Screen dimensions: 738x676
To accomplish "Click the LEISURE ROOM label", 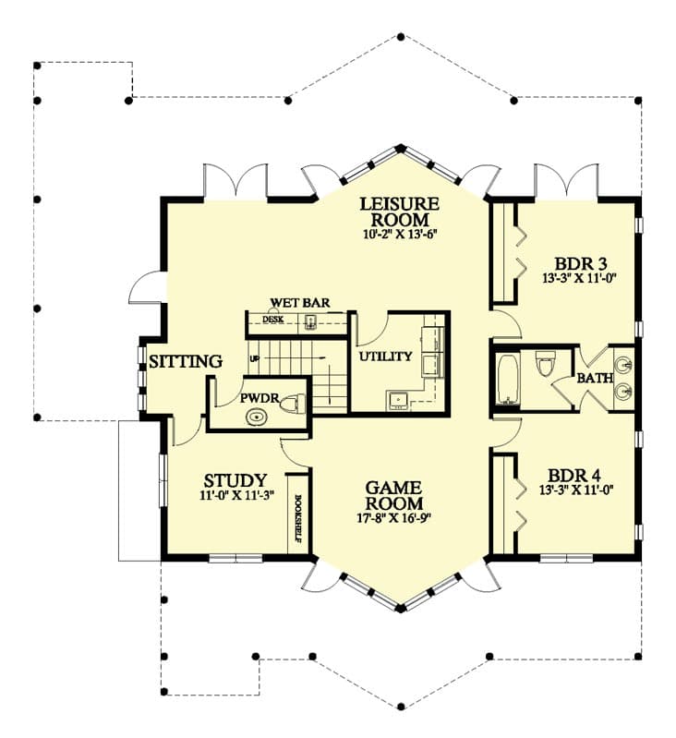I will tap(400, 212).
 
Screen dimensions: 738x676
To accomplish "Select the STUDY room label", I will tap(235, 480).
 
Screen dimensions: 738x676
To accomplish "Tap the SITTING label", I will tap(186, 361).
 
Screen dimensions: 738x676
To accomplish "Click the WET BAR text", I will tap(300, 303).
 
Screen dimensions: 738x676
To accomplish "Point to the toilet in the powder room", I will tap(293, 404).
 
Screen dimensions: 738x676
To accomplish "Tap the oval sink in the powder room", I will tap(254, 417).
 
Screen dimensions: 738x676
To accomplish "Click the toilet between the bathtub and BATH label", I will tap(546, 367).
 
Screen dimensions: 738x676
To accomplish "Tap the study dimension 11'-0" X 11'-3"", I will tap(235, 496).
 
